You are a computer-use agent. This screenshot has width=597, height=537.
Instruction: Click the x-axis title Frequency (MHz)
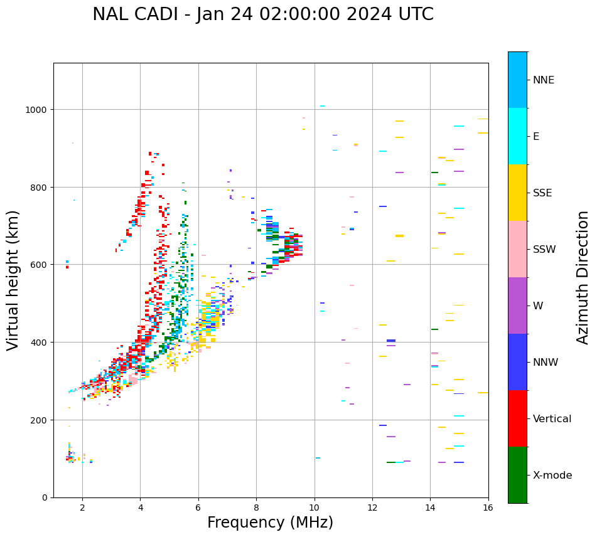270,523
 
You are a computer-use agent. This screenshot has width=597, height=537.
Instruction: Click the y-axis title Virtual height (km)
14,280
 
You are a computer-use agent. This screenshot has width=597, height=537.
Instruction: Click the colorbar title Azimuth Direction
583,277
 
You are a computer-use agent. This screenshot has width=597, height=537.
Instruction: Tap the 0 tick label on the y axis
45,497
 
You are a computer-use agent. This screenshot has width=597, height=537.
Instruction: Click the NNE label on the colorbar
544,80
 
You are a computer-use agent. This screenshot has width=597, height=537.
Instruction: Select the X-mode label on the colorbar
552,476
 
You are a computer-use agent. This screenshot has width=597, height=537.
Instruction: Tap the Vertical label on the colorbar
552,419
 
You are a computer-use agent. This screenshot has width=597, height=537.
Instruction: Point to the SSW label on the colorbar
544,250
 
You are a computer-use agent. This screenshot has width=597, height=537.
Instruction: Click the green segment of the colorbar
517,475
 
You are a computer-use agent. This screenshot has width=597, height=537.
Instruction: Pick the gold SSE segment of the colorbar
517,193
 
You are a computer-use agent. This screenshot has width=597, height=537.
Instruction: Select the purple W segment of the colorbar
517,306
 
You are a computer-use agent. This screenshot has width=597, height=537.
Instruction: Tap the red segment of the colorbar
517,418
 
